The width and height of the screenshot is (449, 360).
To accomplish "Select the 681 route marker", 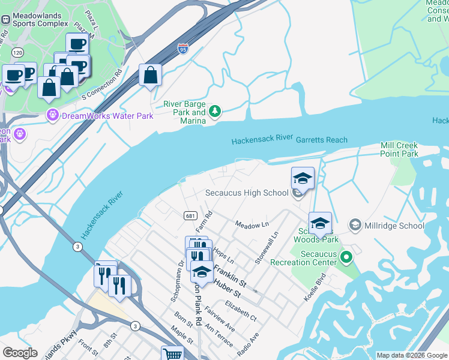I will (x=188, y=215).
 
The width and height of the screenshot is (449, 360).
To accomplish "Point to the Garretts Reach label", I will (x=321, y=140).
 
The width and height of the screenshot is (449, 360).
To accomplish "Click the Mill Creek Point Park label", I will (x=399, y=150).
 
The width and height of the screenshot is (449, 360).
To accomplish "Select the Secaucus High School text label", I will (x=247, y=193).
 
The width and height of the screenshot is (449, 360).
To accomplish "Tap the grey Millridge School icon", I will (x=355, y=225).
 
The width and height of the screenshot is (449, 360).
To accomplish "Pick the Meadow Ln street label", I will (x=252, y=224).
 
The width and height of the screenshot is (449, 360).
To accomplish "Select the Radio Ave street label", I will (x=247, y=341).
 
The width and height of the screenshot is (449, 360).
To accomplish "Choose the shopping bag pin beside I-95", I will (x=150, y=76).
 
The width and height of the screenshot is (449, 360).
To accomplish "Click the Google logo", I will (x=20, y=353).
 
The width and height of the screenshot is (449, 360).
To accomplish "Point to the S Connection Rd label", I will (x=101, y=85).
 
